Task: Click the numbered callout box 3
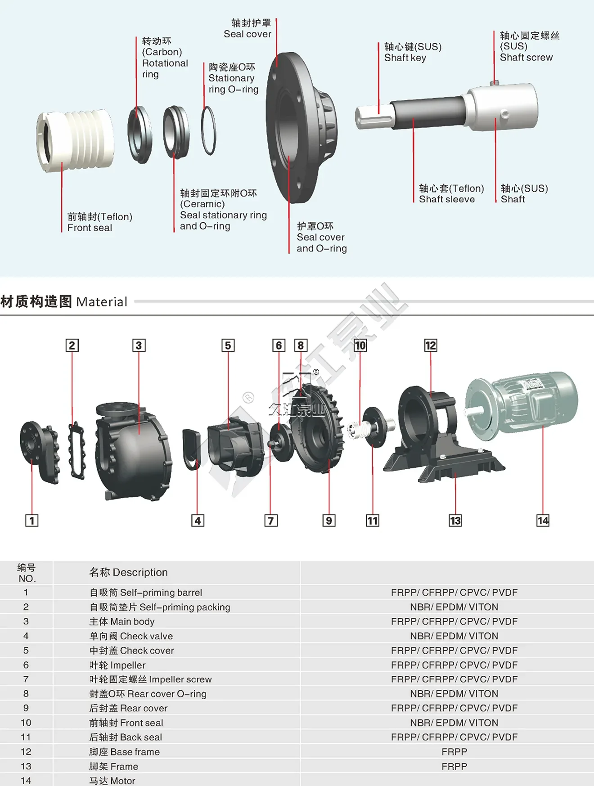(139, 345)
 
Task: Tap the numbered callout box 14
(543, 521)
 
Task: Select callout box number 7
(270, 521)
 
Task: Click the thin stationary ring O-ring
(208, 130)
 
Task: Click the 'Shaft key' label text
(405, 58)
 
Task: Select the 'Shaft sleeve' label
(447, 199)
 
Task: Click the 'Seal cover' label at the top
(247, 34)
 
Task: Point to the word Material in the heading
(102, 301)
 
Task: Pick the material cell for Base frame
(454, 751)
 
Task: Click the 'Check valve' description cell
(131, 636)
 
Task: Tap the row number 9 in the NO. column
(26, 708)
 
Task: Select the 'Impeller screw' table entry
(150, 679)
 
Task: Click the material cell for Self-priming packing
(454, 607)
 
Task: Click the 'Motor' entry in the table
(112, 781)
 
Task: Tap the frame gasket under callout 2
(76, 450)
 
